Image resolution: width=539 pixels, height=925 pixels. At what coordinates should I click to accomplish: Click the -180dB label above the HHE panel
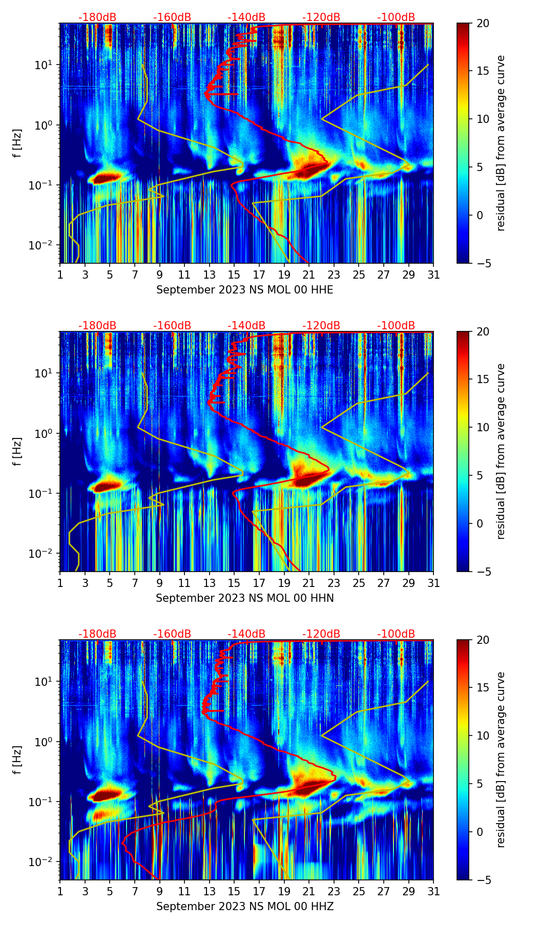tap(97, 17)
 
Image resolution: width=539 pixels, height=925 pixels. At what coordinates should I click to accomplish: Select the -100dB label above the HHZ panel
tap(396, 634)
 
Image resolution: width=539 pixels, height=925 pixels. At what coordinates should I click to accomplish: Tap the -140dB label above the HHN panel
tap(246, 326)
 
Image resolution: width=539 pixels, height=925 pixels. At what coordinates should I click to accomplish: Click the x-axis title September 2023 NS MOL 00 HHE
tap(244, 290)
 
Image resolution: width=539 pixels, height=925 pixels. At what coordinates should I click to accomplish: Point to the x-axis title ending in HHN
tap(244, 598)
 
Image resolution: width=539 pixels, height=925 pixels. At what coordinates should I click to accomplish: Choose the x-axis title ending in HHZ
tap(244, 907)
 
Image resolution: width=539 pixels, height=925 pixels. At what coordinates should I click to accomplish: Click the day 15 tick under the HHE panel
tap(234, 275)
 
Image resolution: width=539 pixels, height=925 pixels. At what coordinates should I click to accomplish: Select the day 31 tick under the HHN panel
tap(433, 583)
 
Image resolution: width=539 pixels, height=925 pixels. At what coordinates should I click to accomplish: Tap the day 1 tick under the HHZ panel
tap(60, 892)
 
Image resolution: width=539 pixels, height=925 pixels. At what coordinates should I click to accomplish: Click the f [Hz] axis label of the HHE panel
tap(17, 143)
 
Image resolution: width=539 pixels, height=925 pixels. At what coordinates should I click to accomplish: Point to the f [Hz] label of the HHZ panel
tap(17, 760)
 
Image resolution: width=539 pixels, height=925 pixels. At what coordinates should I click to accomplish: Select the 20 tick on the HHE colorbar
tap(483, 24)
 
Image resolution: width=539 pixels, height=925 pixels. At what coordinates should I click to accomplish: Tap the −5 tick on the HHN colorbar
tap(483, 572)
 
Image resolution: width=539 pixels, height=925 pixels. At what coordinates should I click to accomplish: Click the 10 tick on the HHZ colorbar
tap(483, 735)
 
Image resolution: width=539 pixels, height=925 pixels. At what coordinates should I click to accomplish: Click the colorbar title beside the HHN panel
tap(501, 451)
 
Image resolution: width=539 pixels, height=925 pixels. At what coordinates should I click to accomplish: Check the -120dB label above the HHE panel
tap(321, 17)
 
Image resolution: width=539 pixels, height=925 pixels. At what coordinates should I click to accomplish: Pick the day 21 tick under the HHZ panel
tap(309, 892)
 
